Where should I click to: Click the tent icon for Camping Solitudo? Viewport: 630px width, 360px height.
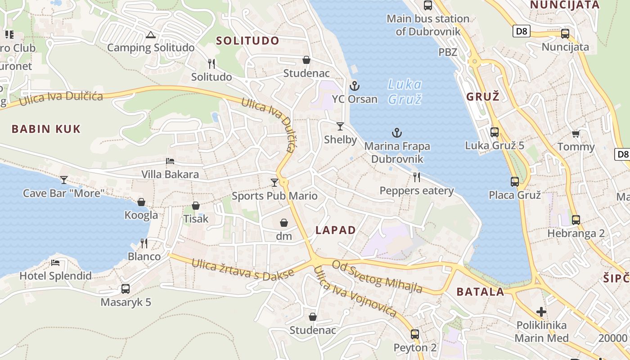tap(150, 35)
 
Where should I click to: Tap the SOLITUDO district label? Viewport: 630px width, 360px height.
tap(247, 40)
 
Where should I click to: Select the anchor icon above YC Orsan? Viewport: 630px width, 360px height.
tap(355, 85)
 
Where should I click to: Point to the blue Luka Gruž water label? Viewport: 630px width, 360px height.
tap(405, 91)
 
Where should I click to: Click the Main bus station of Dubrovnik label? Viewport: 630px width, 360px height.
tap(428, 25)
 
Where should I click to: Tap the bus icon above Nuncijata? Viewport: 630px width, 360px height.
tap(565, 34)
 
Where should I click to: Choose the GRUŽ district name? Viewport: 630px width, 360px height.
tap(483, 96)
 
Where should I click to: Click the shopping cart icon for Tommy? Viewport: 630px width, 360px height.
tap(576, 134)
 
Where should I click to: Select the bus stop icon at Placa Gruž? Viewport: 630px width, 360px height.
tap(515, 182)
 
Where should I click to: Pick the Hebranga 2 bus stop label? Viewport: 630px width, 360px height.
tap(576, 234)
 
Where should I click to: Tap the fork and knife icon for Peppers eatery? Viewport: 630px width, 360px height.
tap(417, 177)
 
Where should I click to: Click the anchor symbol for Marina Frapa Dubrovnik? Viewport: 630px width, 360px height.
tap(396, 133)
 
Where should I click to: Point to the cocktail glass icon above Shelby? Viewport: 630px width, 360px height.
tap(340, 126)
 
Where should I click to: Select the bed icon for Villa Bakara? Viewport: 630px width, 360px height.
tap(170, 161)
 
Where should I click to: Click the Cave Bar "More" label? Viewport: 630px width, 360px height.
tap(64, 193)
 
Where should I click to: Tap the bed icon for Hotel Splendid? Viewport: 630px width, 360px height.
tap(55, 262)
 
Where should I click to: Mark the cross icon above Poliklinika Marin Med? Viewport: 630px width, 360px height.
tap(541, 311)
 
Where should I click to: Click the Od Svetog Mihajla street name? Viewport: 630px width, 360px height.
tap(377, 276)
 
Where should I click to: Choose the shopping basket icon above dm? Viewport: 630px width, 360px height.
tap(284, 223)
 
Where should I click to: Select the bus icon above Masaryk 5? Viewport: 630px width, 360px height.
tap(126, 289)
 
